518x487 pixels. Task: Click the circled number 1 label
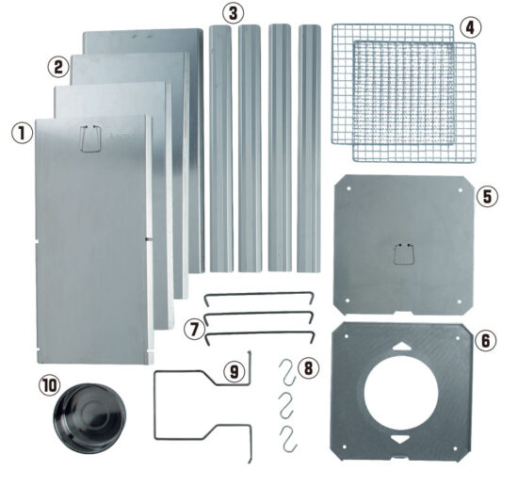[x=23, y=134]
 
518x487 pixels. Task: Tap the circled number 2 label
[x=58, y=67]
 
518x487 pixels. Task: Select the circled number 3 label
[x=234, y=13]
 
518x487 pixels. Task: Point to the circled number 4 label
[x=470, y=27]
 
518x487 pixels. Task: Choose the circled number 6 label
[x=486, y=340]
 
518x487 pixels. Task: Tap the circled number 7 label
[x=194, y=330]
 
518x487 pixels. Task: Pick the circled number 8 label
[x=308, y=367]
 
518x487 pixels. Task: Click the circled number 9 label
[x=234, y=371]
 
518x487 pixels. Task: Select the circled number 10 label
[x=48, y=385]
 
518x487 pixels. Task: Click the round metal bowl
[x=89, y=418]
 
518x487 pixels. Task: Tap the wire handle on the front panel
[x=90, y=138]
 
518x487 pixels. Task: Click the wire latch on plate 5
[x=403, y=253]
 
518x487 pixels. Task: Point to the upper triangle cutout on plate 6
[x=401, y=347]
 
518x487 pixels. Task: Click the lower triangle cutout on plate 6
[x=400, y=439]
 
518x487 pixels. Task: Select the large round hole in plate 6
[x=401, y=393]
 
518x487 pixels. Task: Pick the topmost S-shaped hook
[x=287, y=372]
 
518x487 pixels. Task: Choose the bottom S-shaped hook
[x=288, y=439]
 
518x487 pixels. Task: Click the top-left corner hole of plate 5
[x=348, y=188]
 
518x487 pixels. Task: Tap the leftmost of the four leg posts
[x=221, y=149]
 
